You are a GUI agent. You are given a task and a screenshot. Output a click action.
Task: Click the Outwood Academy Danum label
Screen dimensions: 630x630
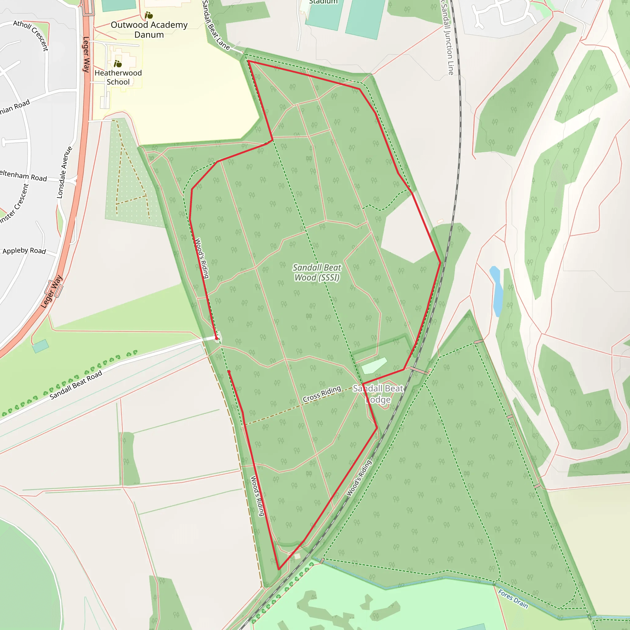149,30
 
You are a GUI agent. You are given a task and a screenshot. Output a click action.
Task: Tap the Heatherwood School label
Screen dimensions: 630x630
118,77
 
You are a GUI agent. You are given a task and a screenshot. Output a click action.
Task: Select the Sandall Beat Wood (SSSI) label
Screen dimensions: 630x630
317,272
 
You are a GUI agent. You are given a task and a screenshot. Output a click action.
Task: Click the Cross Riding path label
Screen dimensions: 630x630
322,394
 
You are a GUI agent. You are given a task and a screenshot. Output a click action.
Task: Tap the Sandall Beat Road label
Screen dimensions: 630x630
76,385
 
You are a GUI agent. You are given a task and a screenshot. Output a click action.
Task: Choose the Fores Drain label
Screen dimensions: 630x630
513,599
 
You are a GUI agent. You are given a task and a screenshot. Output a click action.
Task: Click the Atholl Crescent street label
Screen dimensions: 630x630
31,35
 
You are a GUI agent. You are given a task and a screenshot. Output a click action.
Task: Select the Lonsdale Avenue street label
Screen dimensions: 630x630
64,173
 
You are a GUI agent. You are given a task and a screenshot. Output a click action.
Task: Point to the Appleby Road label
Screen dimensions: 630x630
24,250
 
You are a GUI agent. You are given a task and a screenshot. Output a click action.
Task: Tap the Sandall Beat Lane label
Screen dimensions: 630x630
216,26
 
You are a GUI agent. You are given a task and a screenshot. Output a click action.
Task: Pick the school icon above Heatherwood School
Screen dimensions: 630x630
118,64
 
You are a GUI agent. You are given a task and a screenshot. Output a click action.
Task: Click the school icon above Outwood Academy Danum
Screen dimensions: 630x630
149,15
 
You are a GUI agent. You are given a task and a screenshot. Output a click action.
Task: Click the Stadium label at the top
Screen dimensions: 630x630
323,2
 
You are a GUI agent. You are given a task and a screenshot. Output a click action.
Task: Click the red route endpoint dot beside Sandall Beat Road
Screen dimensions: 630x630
217,338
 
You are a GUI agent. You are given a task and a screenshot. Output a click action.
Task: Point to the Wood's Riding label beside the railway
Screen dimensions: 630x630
359,478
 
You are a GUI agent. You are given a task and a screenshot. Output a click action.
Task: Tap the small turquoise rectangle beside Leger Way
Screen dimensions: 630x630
40,346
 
